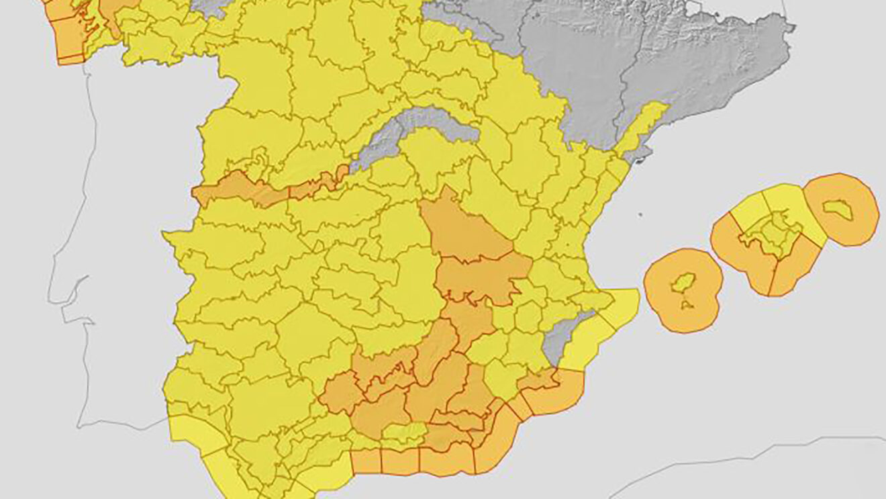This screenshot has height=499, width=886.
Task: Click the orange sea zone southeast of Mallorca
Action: (x=795, y=272)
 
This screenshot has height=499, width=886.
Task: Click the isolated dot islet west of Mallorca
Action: (x=640, y=216)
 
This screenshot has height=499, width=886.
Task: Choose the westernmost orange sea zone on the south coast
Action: (x=366, y=461)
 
